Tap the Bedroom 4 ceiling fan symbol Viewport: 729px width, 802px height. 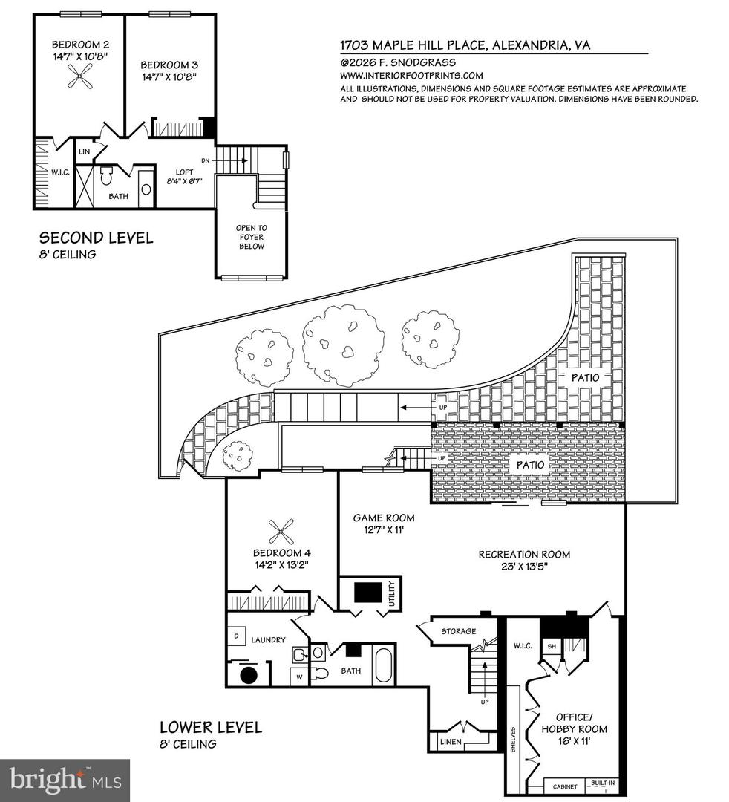click(281, 532)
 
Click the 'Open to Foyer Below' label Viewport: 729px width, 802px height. click(252, 237)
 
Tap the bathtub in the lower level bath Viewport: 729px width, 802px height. click(384, 665)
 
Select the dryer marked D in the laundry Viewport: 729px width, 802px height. click(236, 636)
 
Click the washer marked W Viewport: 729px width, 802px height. click(298, 676)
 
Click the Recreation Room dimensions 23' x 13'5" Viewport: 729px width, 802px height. click(524, 568)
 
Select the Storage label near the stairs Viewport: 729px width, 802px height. click(458, 631)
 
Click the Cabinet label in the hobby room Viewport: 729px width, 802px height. click(562, 785)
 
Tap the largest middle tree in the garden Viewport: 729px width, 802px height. click(343, 345)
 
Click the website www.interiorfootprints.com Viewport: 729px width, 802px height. click(411, 75)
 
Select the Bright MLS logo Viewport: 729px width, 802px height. click(65, 780)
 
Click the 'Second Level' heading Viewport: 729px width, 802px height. click(96, 238)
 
